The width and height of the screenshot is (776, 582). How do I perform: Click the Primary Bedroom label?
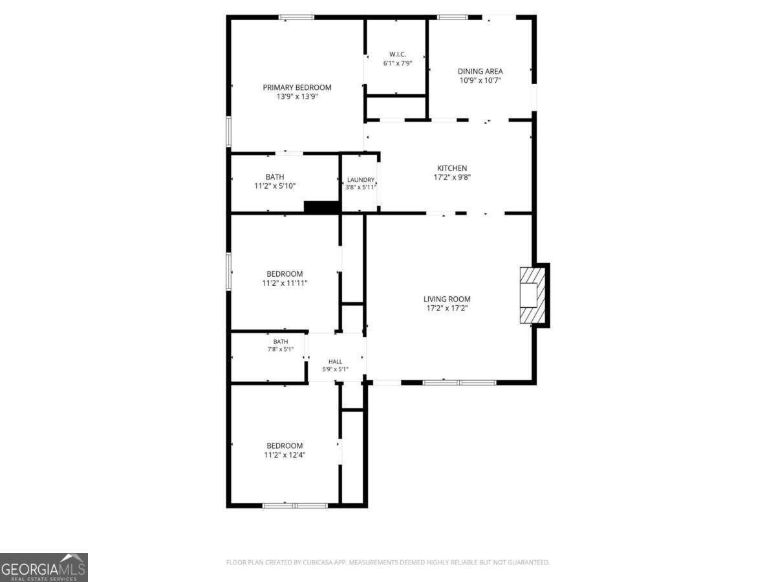pos(297,87)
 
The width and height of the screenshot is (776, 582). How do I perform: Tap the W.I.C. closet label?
pos(397,54)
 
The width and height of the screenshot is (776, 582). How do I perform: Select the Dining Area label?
pos(480,71)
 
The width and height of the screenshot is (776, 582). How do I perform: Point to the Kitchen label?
pos(452,168)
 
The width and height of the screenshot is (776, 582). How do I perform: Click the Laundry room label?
pos(360,180)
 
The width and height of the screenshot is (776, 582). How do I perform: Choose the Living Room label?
pos(447,299)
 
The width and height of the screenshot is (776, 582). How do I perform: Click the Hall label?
pos(335,361)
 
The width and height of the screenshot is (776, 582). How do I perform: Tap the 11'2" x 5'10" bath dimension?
pos(275,186)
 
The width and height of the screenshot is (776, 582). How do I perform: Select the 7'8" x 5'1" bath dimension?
pos(281,349)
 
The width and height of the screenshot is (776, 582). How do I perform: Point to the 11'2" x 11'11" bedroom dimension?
pos(285,283)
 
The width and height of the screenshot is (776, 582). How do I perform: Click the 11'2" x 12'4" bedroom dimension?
pos(285,455)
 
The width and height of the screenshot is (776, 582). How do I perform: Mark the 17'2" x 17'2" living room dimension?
pos(447,308)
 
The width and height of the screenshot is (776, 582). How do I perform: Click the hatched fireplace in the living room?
pos(532,296)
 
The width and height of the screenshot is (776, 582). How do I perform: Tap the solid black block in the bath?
pos(322,207)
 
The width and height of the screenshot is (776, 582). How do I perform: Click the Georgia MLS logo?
pos(44,567)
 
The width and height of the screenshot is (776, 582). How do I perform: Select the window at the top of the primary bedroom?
pos(296,17)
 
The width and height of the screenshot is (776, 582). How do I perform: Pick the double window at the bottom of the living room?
pos(460,382)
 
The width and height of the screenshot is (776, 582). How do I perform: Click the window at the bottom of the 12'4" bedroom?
pos(295,506)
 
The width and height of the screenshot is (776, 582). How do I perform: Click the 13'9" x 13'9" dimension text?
pos(297,96)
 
